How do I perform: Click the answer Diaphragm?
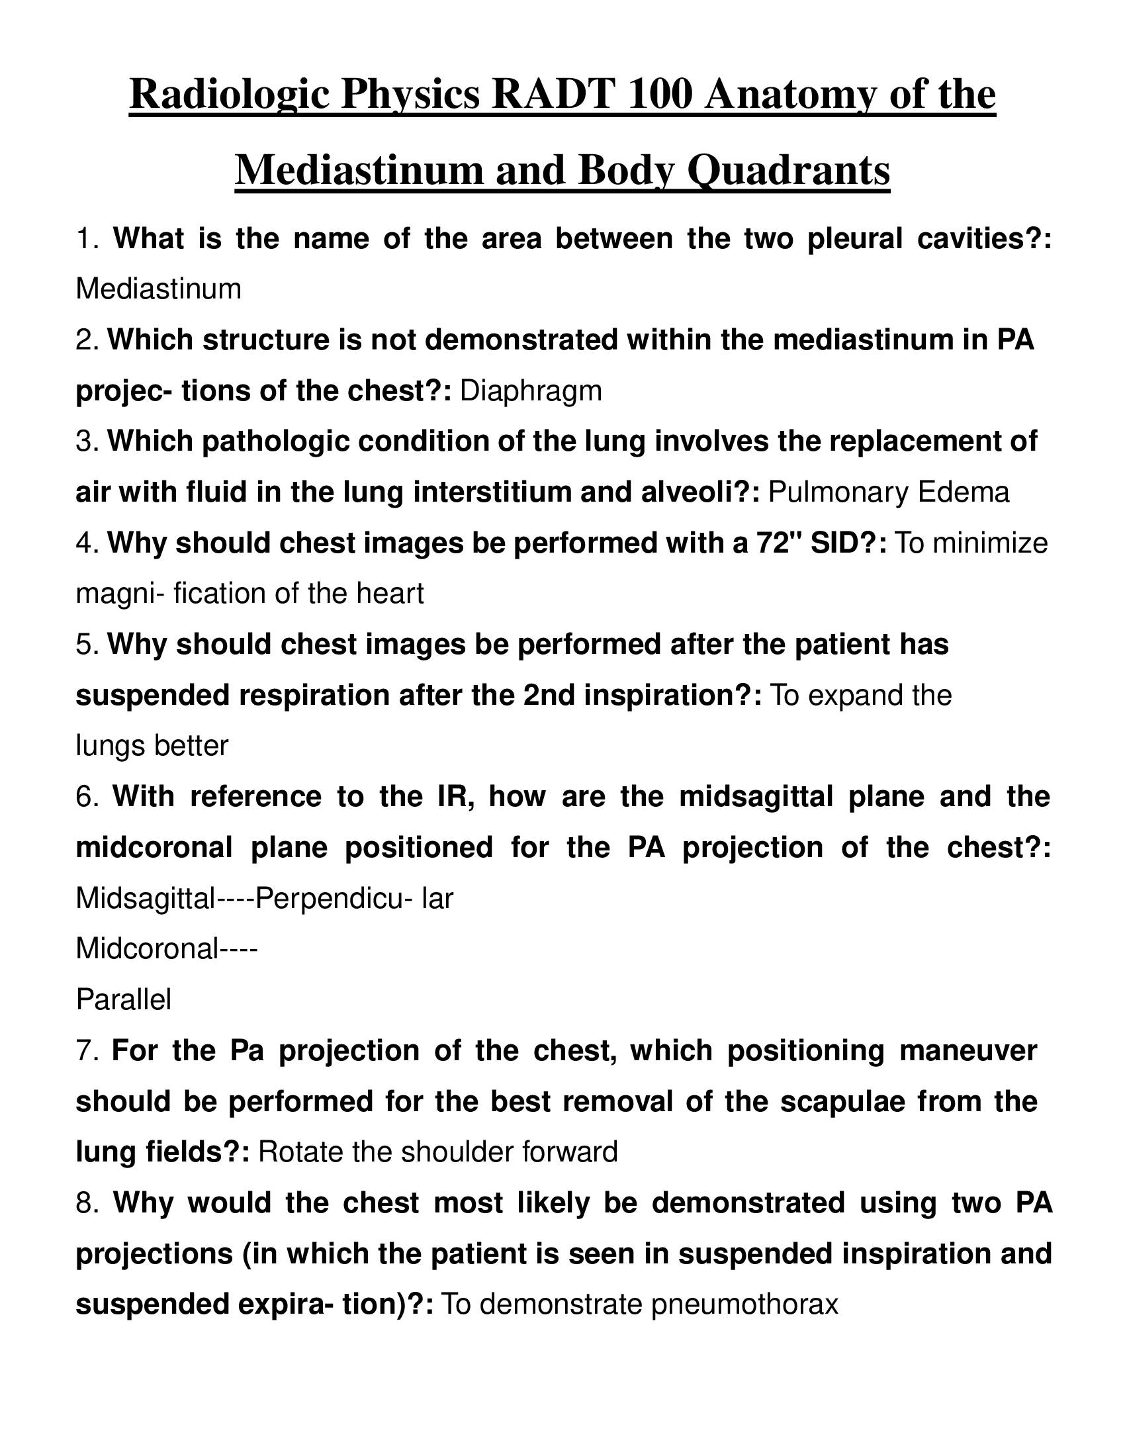pyautogui.click(x=531, y=391)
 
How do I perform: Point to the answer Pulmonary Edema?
pyautogui.click(x=888, y=492)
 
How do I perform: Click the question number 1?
pyautogui.click(x=87, y=240)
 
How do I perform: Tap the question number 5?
pyautogui.click(x=87, y=645)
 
